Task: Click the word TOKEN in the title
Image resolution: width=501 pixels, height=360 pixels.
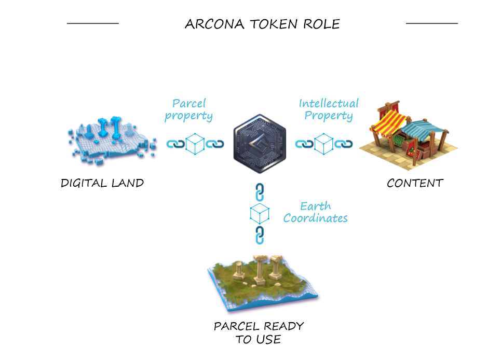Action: pos(273,24)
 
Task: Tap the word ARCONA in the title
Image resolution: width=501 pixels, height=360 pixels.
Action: pos(215,24)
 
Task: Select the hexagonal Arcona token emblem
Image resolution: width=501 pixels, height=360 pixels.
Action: pos(260,144)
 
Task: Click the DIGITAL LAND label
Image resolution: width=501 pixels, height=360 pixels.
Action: pos(102,183)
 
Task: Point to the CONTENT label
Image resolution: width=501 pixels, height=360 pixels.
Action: pos(415,183)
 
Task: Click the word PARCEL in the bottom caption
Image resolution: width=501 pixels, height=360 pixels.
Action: pos(236,326)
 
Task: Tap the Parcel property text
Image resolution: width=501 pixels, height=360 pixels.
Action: pos(188,110)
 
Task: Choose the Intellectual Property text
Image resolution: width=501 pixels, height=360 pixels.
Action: pos(329,110)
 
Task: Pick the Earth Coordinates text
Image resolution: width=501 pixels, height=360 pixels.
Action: pos(315,212)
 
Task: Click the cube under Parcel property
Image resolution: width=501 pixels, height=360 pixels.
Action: pos(195,144)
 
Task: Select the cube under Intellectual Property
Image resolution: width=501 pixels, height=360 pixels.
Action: pos(323,144)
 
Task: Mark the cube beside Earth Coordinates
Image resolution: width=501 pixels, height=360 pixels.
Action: pos(260,214)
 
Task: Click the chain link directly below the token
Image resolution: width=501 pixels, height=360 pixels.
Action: pos(260,192)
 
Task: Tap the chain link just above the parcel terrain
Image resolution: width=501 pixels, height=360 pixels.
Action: pos(260,236)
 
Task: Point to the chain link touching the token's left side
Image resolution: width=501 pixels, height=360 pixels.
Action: pos(215,144)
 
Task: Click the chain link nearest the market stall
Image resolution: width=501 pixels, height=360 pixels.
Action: pos(344,144)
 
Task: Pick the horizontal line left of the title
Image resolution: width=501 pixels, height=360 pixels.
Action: pos(93,23)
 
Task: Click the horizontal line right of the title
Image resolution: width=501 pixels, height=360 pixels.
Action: pos(432,23)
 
